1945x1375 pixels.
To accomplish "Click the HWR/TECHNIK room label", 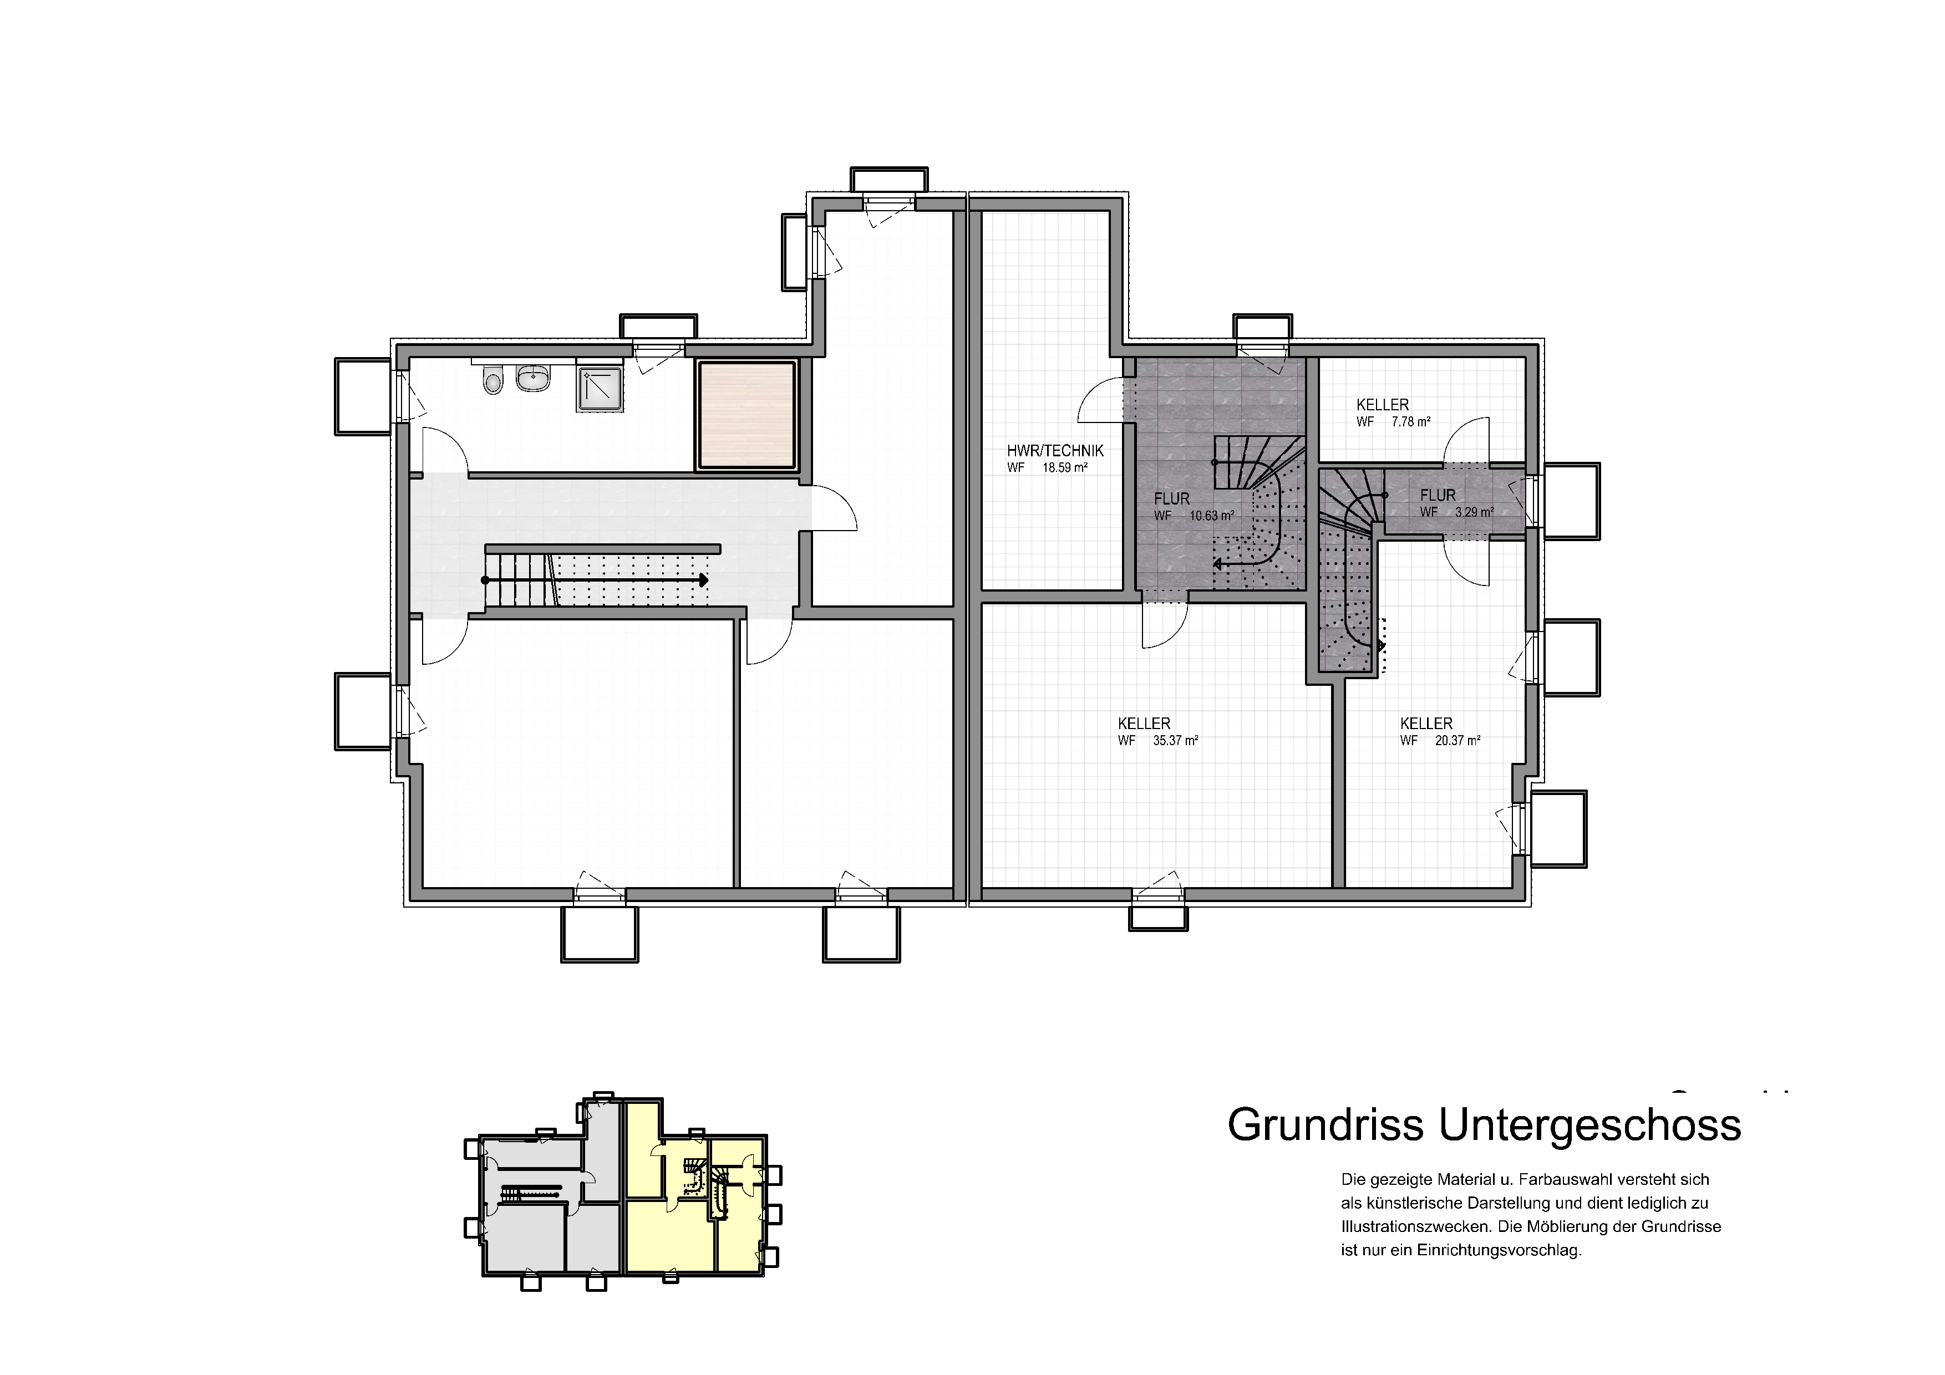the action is (1055, 451).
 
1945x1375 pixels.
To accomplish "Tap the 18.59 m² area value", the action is (1065, 467).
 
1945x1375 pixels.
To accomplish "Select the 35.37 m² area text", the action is (1175, 741).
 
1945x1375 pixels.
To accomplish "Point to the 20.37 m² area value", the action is (1457, 741).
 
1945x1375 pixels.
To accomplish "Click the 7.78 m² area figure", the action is (1411, 421).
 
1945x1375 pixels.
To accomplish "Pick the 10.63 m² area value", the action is (1211, 515).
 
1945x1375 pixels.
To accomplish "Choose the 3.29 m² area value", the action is (1475, 512).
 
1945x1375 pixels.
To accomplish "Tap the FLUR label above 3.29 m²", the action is (1438, 495).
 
